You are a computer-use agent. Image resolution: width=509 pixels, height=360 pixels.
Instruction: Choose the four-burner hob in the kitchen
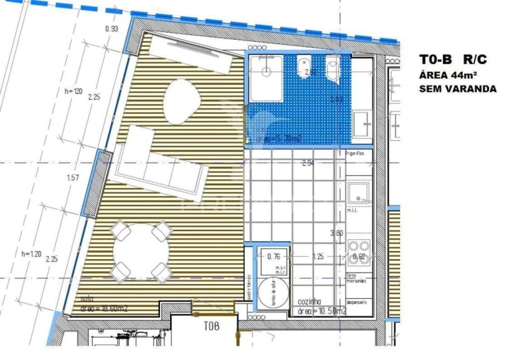[358, 257]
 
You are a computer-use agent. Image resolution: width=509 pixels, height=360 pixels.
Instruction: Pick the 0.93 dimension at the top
[112, 29]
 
